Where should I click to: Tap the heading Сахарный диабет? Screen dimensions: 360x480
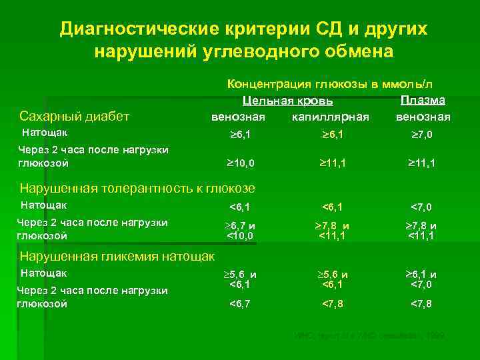75,117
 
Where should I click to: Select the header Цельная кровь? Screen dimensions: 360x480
287,101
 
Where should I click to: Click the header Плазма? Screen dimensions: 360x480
423,100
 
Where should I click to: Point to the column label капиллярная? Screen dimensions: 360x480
331,117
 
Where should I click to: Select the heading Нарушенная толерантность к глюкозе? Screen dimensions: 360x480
137,187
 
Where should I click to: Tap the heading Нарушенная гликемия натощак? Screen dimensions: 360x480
117,256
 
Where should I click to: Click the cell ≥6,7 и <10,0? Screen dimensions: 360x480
241,231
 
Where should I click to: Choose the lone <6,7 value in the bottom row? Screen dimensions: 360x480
241,304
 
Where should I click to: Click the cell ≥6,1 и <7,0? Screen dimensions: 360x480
422,279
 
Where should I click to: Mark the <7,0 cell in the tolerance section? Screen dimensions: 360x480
422,207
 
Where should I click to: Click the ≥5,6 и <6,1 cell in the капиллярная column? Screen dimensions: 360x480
331,279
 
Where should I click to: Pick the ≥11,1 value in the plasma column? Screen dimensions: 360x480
422,162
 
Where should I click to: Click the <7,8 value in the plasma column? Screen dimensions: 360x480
422,304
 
